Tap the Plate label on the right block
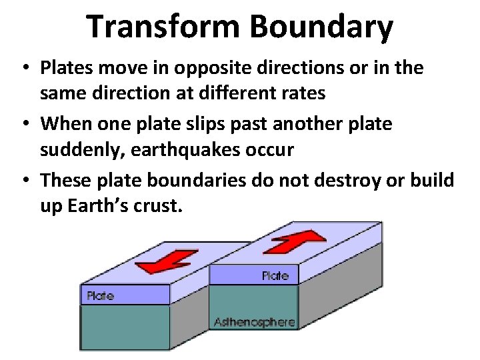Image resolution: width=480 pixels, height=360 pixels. point(275,275)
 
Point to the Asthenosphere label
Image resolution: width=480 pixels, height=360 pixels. point(254,322)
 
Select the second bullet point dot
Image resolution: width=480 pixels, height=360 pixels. point(25,125)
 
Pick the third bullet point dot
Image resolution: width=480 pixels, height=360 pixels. point(25,181)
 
